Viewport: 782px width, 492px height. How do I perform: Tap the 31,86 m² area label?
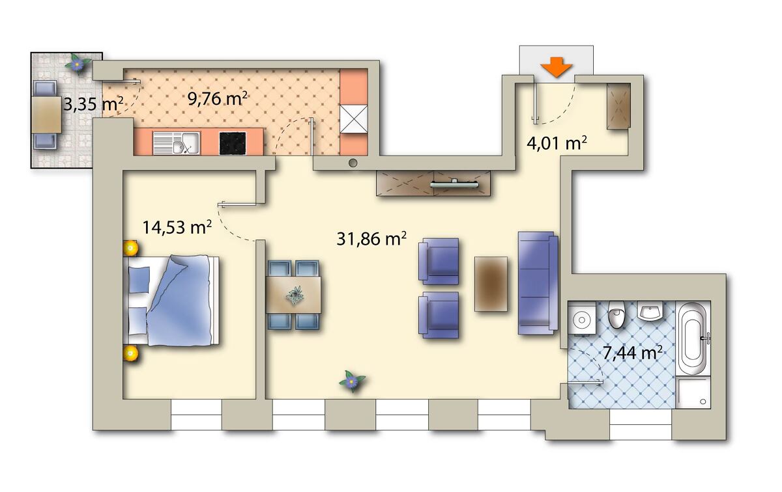[x=371, y=239]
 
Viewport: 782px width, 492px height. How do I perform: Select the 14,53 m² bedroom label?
[x=177, y=227]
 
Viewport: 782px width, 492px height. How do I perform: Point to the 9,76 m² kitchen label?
[x=218, y=98]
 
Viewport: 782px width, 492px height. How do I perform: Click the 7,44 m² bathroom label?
[x=633, y=353]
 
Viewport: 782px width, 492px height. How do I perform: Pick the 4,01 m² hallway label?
[x=557, y=143]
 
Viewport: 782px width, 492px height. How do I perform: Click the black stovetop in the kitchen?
[x=233, y=143]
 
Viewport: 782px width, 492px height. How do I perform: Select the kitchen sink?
[x=177, y=143]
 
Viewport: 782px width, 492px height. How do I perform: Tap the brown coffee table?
[x=491, y=284]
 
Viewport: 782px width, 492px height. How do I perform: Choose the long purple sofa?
[x=538, y=283]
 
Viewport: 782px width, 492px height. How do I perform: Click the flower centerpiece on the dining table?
[x=295, y=295]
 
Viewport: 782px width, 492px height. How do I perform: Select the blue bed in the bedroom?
[x=171, y=301]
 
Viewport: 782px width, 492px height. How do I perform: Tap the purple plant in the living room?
[x=352, y=381]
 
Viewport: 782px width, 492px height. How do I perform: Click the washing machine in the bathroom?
[x=582, y=319]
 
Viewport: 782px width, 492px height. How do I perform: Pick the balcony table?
[x=46, y=115]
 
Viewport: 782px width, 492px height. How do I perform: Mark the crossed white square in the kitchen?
[x=354, y=119]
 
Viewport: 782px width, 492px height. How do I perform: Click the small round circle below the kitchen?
[x=353, y=163]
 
